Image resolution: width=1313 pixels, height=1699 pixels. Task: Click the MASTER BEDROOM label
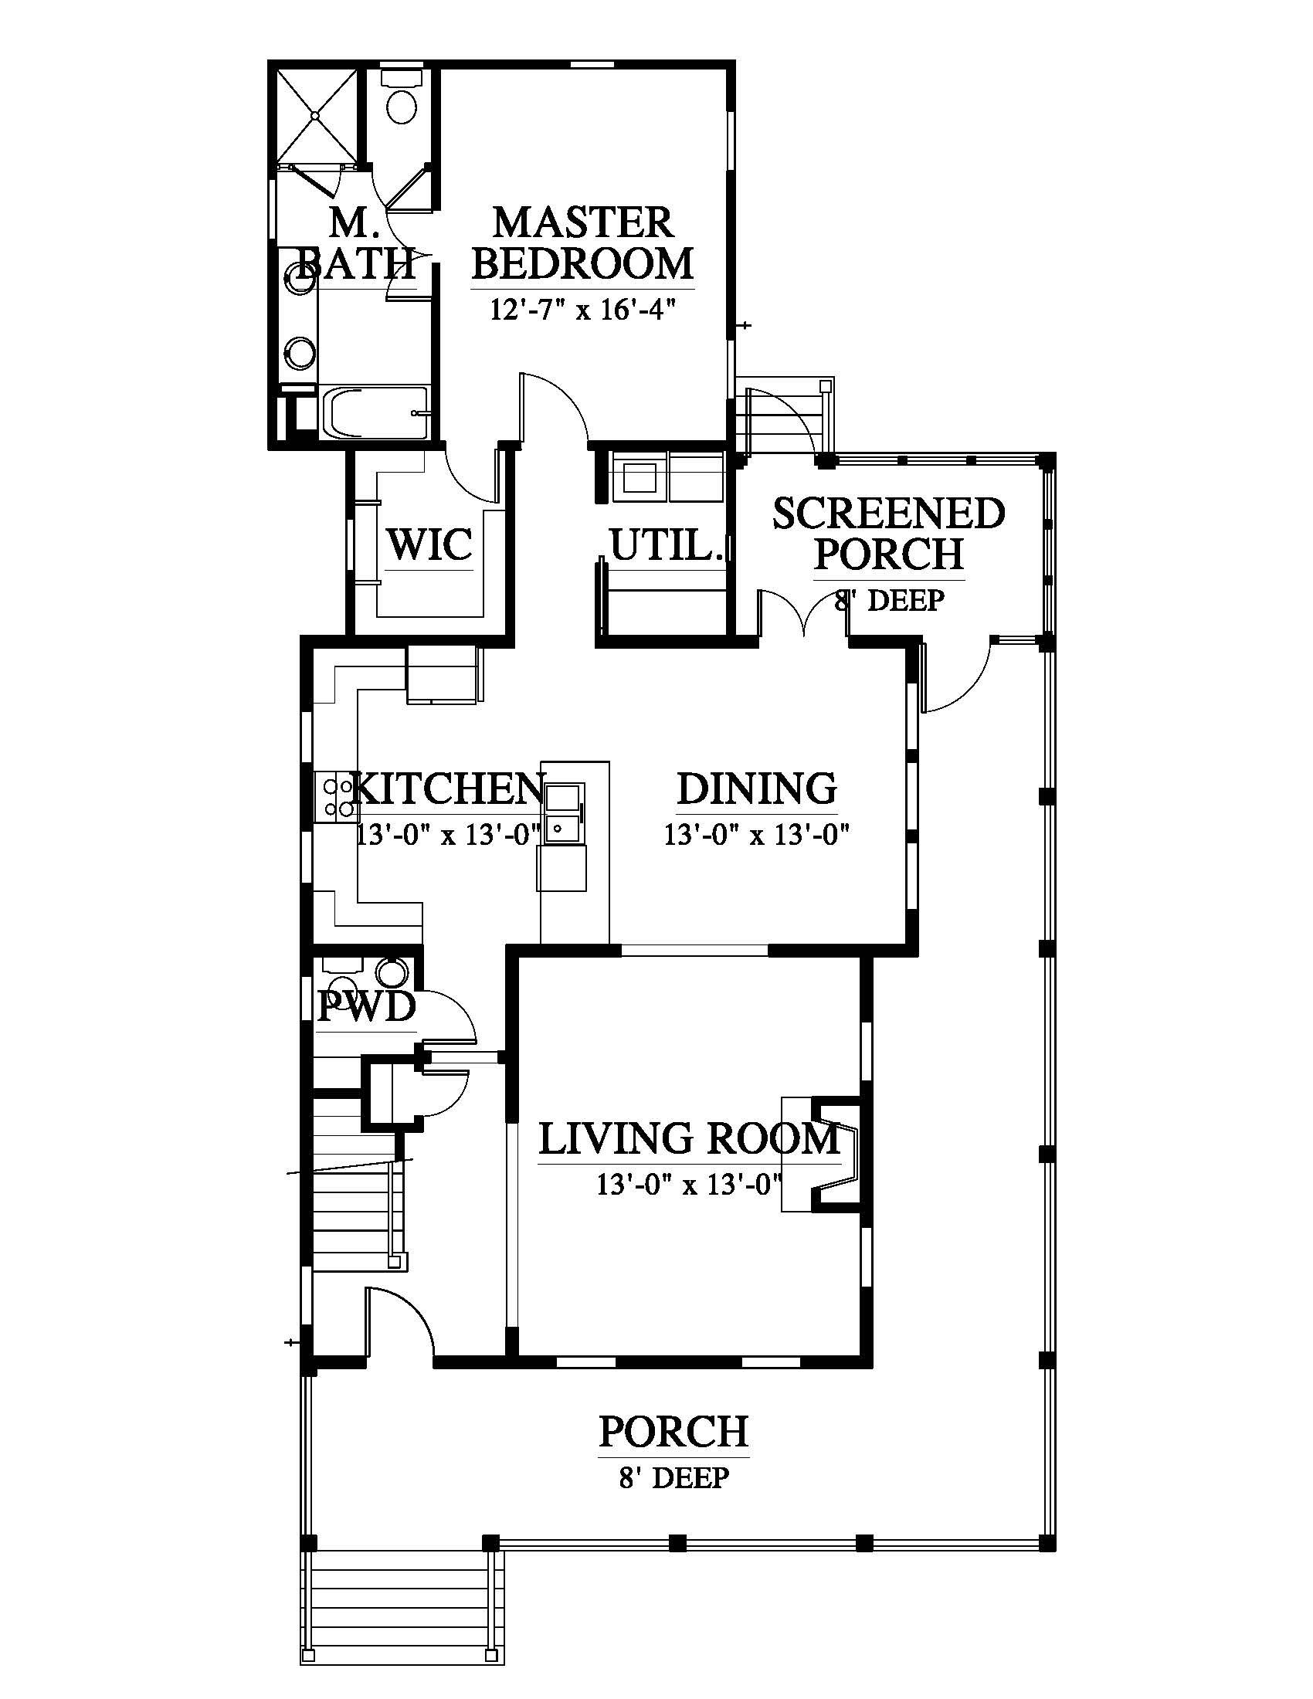(x=582, y=242)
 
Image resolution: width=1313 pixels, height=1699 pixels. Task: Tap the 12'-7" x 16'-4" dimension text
(x=581, y=310)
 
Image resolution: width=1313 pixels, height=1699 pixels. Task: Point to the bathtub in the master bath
(x=374, y=412)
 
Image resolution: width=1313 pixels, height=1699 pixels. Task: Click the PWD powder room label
(x=367, y=1008)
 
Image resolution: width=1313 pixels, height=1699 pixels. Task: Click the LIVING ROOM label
(x=689, y=1138)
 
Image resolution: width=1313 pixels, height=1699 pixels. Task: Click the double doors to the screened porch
(x=802, y=615)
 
